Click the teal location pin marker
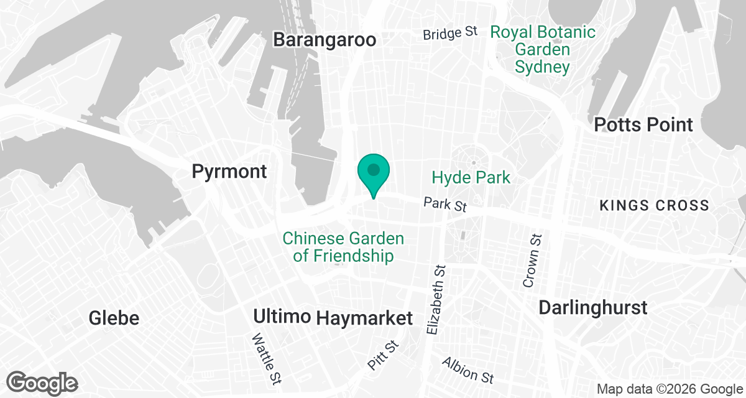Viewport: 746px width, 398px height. pos(373,172)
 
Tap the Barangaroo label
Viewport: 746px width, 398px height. pos(325,40)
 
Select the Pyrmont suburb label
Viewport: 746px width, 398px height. pos(229,171)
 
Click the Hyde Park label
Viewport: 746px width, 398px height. pos(471,178)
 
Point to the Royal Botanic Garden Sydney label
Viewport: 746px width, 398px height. pos(542,49)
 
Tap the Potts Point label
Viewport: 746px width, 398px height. pos(643,124)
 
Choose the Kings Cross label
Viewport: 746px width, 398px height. pos(653,205)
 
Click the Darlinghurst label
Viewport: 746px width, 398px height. pos(593,307)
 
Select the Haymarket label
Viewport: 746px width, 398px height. pos(364,318)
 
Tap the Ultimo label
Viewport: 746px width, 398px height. pos(282,317)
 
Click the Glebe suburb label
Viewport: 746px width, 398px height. pos(114,318)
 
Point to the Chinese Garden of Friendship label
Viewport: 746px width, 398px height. pos(343,247)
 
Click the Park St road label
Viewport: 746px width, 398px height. pos(444,205)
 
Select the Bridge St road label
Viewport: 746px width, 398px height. pos(450,33)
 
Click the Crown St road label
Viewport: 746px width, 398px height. pos(533,261)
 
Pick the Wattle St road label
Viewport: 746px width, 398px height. pos(264,359)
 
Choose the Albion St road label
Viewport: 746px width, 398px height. pos(467,371)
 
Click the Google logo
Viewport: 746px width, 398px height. pos(42,383)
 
